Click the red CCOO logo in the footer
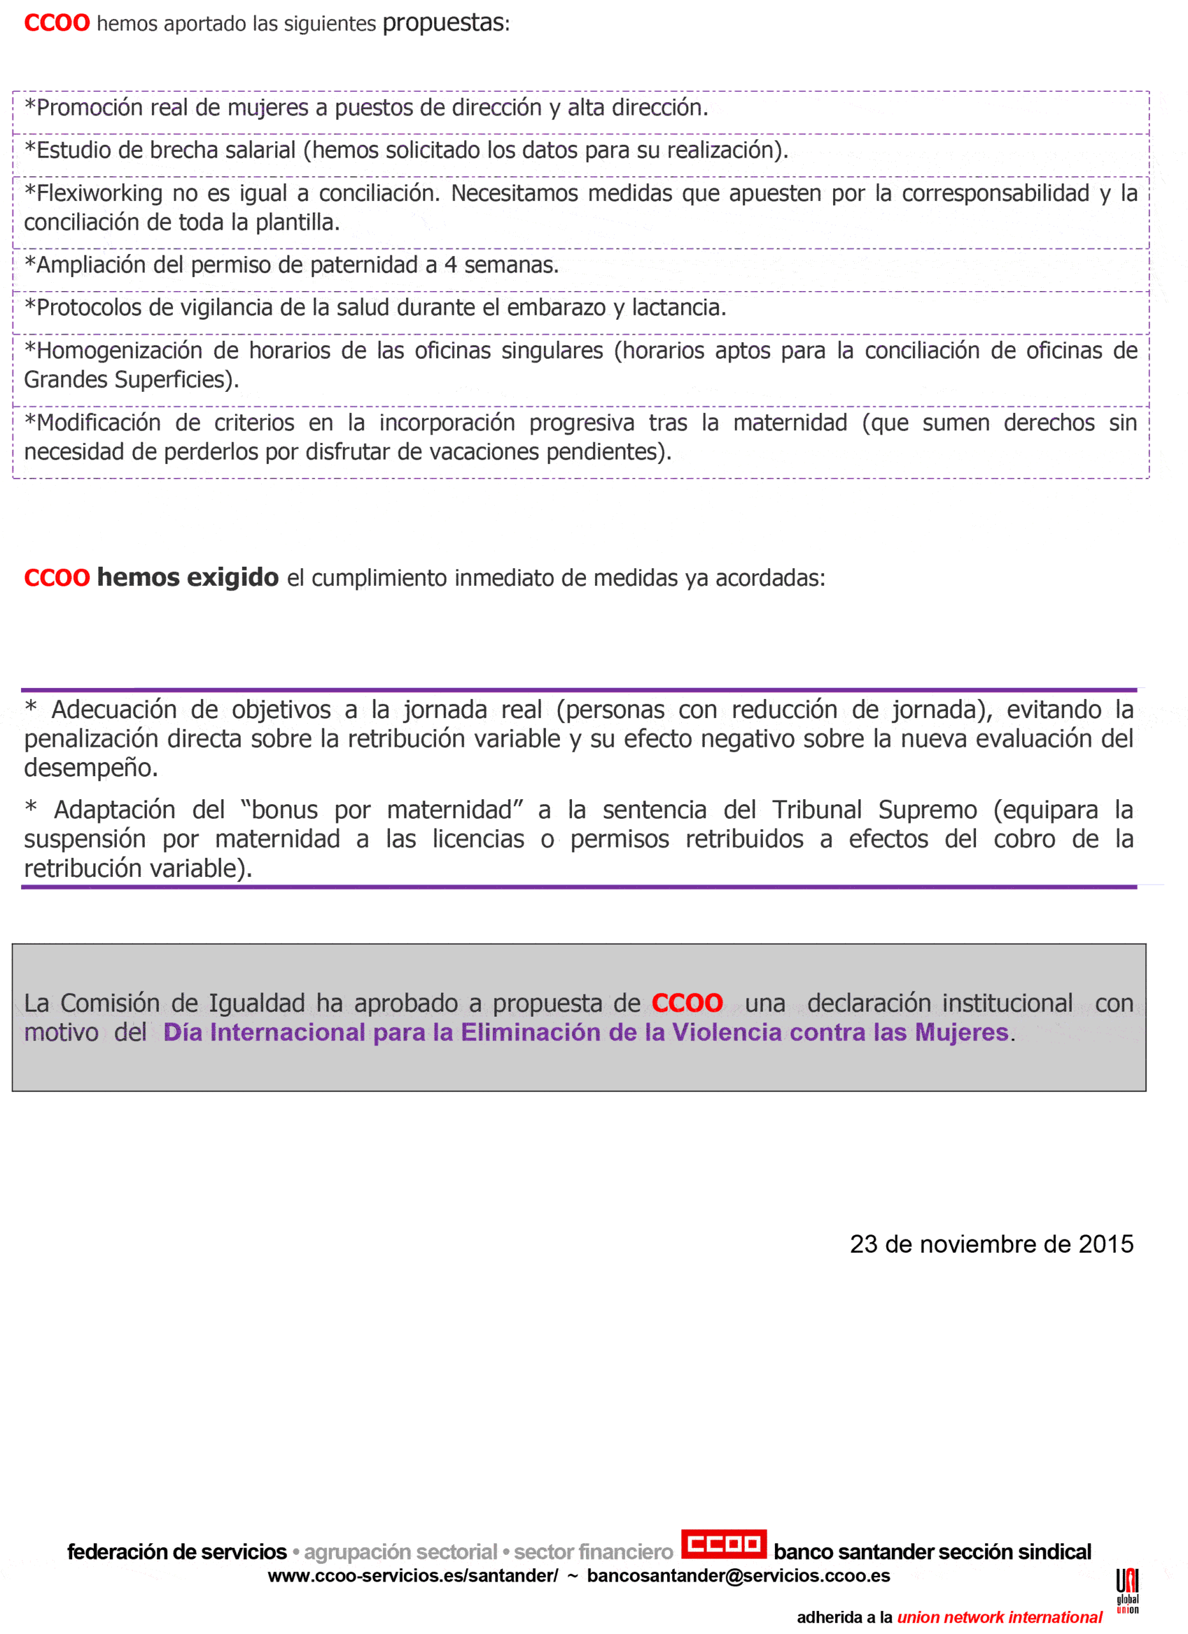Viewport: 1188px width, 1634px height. tap(723, 1544)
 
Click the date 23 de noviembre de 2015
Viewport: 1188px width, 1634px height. tap(991, 1244)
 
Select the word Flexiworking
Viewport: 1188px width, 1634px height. tap(100, 193)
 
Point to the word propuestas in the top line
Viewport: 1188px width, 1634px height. tap(443, 23)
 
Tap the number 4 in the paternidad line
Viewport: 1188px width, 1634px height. tap(450, 264)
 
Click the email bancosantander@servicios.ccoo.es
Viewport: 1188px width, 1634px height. tap(739, 1576)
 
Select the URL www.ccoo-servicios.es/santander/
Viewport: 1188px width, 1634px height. tap(413, 1576)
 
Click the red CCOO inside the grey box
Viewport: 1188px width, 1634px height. tap(687, 1002)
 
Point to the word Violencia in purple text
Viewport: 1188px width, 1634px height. tap(727, 1031)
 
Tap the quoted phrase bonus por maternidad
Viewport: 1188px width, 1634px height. tap(382, 810)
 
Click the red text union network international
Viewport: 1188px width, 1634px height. tap(999, 1617)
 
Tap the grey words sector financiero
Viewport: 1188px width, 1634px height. tap(593, 1551)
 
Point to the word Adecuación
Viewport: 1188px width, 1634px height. tap(113, 710)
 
